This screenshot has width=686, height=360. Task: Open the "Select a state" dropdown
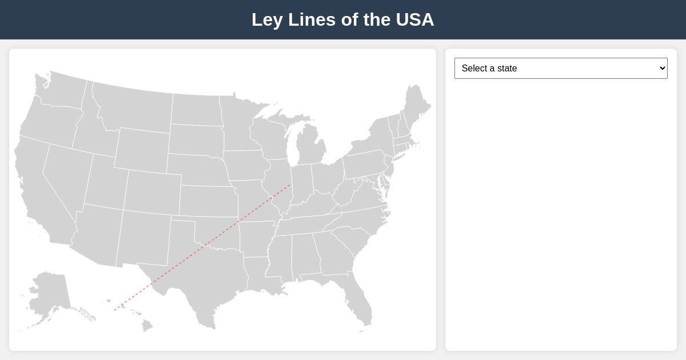560,68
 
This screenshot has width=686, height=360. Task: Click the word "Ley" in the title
267,19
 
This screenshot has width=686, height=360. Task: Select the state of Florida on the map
360,300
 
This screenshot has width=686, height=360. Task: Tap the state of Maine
416,106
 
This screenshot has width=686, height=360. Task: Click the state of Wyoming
142,150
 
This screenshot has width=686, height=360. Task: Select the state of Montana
134,109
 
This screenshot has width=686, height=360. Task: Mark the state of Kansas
209,201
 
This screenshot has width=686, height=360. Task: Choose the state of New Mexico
143,237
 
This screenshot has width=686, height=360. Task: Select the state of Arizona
97,234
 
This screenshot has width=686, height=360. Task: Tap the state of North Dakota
196,109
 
